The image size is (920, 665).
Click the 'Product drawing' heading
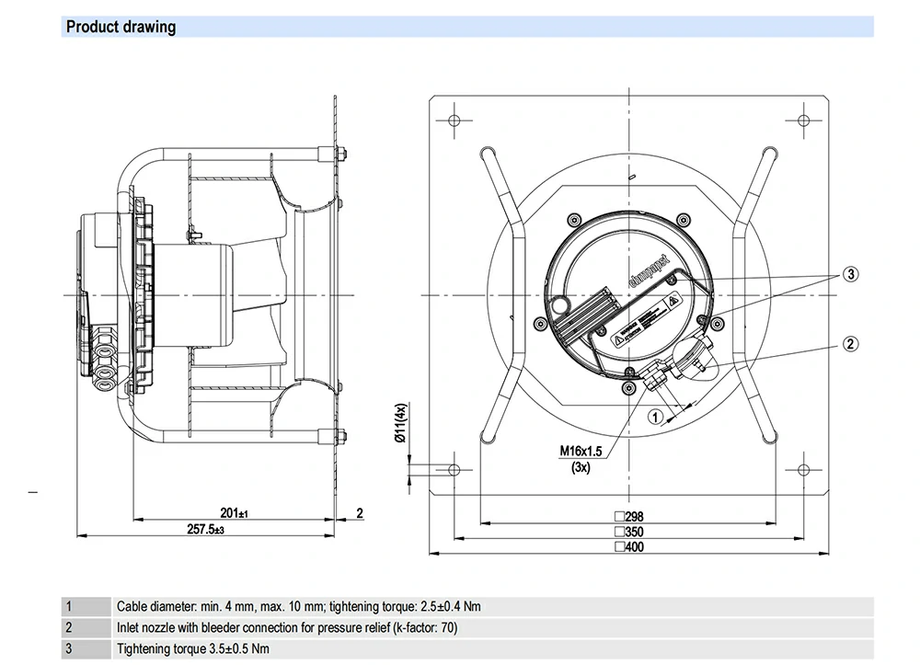(x=121, y=27)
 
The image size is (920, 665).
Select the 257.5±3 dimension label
(x=206, y=530)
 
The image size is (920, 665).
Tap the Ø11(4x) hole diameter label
(x=400, y=424)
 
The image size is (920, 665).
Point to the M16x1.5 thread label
(x=581, y=452)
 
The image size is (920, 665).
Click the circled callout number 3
(x=851, y=274)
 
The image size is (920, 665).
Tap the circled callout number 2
(x=851, y=344)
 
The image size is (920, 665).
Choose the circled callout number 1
(x=655, y=416)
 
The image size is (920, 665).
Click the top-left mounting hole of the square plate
(x=454, y=120)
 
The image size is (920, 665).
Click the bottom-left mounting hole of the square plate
(x=454, y=469)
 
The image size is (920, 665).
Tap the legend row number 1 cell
(x=68, y=607)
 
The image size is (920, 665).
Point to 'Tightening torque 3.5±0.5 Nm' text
(x=192, y=649)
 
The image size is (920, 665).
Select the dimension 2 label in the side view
(x=360, y=512)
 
